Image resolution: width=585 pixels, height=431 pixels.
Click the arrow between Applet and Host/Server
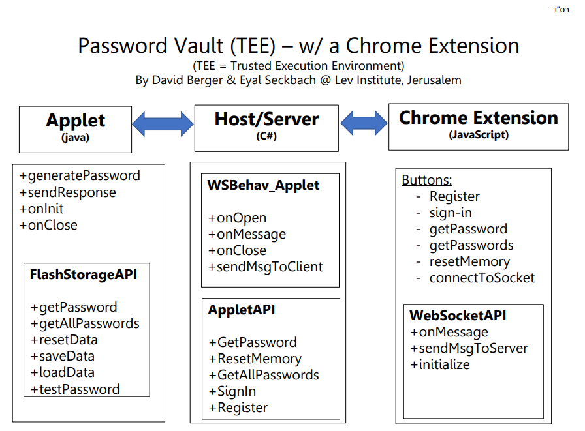click(163, 124)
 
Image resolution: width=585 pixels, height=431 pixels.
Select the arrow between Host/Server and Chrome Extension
click(364, 123)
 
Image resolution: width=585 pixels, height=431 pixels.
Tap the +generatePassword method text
click(80, 175)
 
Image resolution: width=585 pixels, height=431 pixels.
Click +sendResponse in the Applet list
click(67, 192)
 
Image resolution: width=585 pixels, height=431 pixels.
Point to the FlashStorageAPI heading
click(83, 275)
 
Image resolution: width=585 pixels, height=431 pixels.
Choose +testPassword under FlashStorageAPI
click(75, 389)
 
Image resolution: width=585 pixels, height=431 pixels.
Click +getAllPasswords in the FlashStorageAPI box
click(85, 323)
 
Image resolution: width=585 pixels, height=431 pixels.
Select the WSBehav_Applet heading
click(263, 185)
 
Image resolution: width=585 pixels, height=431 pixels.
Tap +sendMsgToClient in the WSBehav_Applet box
click(265, 267)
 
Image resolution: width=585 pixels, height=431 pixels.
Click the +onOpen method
click(237, 218)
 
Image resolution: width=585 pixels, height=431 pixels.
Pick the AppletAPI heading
click(242, 310)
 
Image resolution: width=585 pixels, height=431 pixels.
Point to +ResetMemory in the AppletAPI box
click(255, 359)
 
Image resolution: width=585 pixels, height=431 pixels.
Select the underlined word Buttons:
click(427, 180)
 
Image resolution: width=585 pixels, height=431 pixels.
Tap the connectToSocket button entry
click(482, 278)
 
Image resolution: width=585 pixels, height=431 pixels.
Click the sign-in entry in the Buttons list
click(451, 213)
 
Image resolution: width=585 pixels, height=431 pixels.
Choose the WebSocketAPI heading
click(458, 316)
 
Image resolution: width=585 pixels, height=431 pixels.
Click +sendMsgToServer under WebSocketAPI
click(469, 348)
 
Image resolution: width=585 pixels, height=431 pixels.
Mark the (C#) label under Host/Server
click(266, 136)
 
